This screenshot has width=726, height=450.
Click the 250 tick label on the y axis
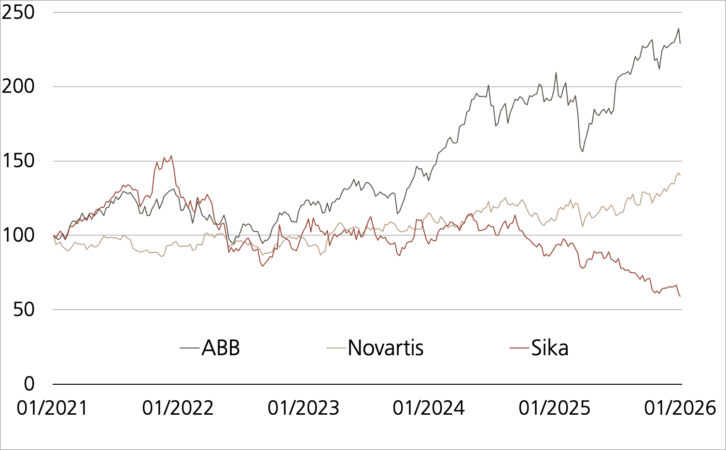[18, 13]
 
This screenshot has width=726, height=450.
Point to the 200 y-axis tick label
[18, 87]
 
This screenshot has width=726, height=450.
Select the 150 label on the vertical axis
[18, 161]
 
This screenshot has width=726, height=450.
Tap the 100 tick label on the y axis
[18, 235]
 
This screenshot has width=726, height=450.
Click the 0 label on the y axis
[29, 384]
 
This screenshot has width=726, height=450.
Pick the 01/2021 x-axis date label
[52, 408]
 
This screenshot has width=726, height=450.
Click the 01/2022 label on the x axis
[178, 408]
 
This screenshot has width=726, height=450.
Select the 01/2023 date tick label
[304, 408]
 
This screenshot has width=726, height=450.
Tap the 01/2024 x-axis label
[429, 408]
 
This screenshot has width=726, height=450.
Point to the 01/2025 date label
[555, 408]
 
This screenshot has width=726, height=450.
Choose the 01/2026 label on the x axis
[680, 408]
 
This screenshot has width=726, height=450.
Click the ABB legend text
[221, 348]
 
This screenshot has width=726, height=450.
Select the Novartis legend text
[385, 348]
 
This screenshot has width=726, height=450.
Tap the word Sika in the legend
[550, 348]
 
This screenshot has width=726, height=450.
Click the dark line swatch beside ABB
[190, 348]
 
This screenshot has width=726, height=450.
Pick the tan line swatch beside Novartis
[336, 348]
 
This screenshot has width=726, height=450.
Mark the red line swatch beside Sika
[520, 348]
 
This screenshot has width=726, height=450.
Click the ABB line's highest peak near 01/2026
[679, 28]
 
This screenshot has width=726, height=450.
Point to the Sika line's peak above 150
[171, 156]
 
